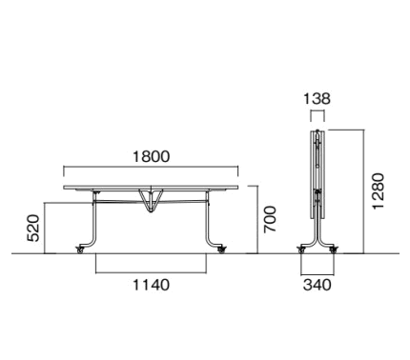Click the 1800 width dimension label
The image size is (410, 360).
(151, 156)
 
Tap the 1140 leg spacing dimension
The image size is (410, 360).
(151, 285)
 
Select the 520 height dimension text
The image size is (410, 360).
(33, 229)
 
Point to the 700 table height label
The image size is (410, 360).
(270, 219)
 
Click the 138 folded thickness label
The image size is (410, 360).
(318, 99)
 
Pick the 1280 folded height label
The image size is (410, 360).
(379, 191)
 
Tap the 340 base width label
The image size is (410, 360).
(318, 285)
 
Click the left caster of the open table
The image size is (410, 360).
(80, 250)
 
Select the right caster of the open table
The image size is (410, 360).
(221, 250)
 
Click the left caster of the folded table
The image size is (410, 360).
(301, 250)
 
